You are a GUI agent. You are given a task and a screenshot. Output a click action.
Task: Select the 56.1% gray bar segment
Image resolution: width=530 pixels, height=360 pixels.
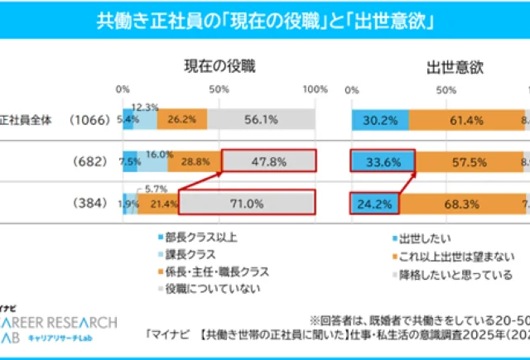[261, 119]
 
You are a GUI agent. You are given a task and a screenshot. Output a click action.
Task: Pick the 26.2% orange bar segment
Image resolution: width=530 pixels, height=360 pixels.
[181, 119]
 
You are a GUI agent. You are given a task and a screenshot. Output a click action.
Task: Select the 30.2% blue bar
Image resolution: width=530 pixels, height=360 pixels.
[380, 119]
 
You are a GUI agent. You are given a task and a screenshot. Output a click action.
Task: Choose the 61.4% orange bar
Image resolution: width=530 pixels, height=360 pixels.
[465, 119]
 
